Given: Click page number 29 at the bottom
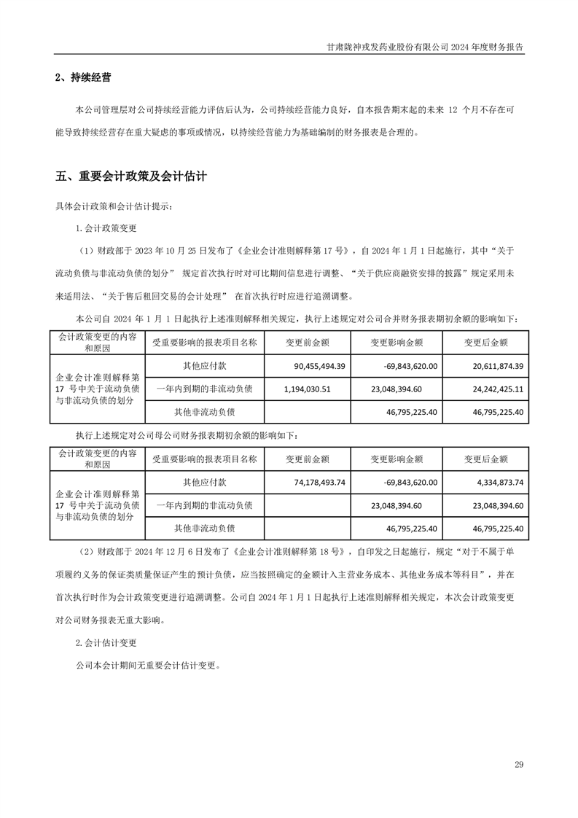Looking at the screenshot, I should [519, 764].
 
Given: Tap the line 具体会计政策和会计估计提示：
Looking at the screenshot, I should [114, 207].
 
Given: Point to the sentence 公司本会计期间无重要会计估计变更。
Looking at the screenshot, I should [147, 666].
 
